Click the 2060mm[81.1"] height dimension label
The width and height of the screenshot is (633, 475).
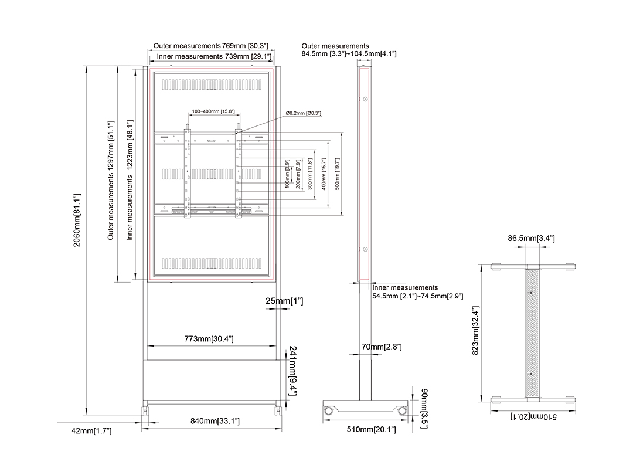[x=77, y=220]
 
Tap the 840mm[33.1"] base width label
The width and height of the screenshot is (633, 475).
[x=215, y=421]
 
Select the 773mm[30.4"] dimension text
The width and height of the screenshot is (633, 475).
[x=209, y=339]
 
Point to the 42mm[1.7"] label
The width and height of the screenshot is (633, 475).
[x=91, y=431]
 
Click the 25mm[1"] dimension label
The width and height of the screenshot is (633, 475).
[x=284, y=301]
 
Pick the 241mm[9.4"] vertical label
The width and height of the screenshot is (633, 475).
[x=292, y=371]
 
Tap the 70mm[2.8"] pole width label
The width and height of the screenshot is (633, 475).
[x=382, y=347]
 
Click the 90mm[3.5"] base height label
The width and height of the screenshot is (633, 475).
[x=424, y=408]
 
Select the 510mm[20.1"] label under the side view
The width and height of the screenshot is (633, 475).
[x=371, y=429]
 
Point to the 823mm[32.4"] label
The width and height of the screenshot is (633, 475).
[x=475, y=330]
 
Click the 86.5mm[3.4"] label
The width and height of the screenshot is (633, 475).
[x=531, y=238]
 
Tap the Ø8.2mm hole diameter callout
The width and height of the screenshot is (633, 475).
[x=304, y=113]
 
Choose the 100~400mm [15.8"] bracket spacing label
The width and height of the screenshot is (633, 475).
[x=213, y=111]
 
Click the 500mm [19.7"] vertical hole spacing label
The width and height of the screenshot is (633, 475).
[x=337, y=174]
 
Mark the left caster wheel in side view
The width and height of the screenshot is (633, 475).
[x=329, y=411]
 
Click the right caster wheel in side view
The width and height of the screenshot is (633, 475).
[x=401, y=411]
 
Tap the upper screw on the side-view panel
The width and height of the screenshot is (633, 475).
[x=365, y=99]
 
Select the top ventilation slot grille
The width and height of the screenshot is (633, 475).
[x=212, y=84]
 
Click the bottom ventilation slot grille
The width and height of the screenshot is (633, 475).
[x=212, y=263]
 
